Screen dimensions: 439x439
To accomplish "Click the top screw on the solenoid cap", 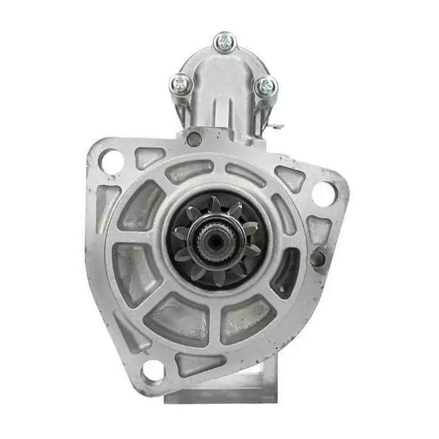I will tap(225, 42).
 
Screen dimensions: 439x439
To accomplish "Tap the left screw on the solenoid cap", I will tap(181, 83).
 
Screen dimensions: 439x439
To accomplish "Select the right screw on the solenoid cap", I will tap(266, 86).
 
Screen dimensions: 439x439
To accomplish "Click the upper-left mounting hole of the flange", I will tap(112, 161).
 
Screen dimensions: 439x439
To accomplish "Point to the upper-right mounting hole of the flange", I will tap(323, 193).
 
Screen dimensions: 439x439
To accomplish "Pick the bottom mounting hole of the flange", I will tap(153, 370).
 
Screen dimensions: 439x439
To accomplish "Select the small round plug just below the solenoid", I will tap(193, 138).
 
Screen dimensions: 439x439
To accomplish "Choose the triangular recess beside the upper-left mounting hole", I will tap(149, 157).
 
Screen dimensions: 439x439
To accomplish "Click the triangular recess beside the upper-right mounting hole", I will tap(290, 178).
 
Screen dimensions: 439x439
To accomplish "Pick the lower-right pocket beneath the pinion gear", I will tap(247, 318).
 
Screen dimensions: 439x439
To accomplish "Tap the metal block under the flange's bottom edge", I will tap(221, 389).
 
